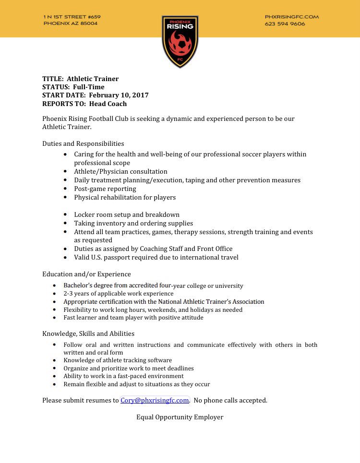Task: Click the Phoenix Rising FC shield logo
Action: click(180, 41)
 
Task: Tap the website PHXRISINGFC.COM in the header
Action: click(291, 17)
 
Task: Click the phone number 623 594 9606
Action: click(285, 24)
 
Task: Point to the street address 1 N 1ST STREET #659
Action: click(72, 17)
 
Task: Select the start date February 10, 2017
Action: click(119, 95)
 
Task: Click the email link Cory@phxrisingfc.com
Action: click(155, 400)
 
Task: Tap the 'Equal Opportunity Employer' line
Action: click(180, 417)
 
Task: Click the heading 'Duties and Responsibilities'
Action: click(83, 143)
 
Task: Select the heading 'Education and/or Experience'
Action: click(86, 274)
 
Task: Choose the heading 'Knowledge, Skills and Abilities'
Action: click(88, 333)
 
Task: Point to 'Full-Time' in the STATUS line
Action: click(88, 87)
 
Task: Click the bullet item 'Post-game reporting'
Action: click(105, 189)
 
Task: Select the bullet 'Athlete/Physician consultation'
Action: click(120, 171)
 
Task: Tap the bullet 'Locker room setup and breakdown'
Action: click(127, 214)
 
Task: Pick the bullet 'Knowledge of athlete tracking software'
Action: click(118, 360)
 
